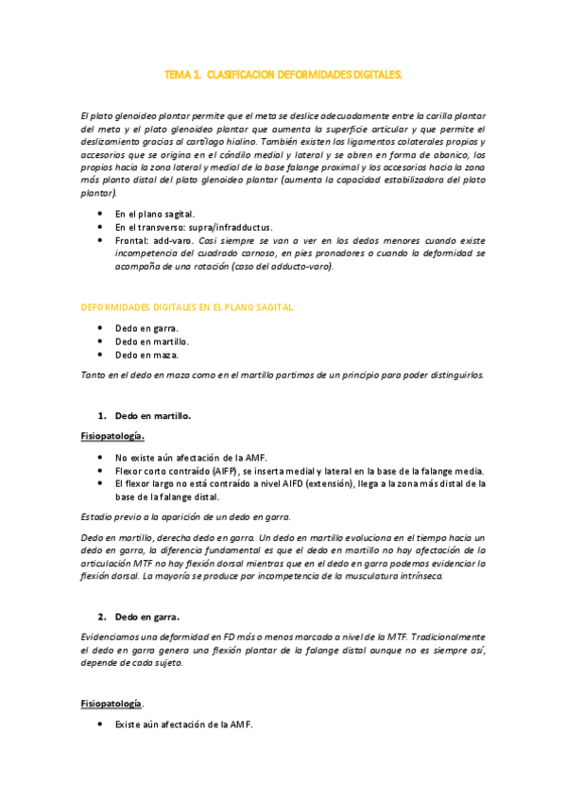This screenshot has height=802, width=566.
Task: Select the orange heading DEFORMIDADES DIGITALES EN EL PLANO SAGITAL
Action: pyautogui.click(x=188, y=307)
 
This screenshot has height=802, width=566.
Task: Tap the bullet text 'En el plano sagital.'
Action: pyautogui.click(x=155, y=214)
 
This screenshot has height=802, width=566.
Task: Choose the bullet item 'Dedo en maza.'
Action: pyautogui.click(x=146, y=355)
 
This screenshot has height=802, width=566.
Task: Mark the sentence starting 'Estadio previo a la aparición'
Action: pyautogui.click(x=185, y=515)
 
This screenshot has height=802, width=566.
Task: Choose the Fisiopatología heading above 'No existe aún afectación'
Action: pyautogui.click(x=112, y=436)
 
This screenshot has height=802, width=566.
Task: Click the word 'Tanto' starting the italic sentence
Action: pyautogui.click(x=95, y=375)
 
